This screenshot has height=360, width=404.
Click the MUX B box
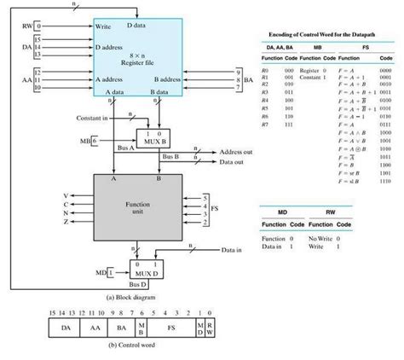click(154, 138)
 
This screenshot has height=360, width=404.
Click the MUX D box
click(147, 271)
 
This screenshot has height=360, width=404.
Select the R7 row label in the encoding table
click(268, 125)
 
